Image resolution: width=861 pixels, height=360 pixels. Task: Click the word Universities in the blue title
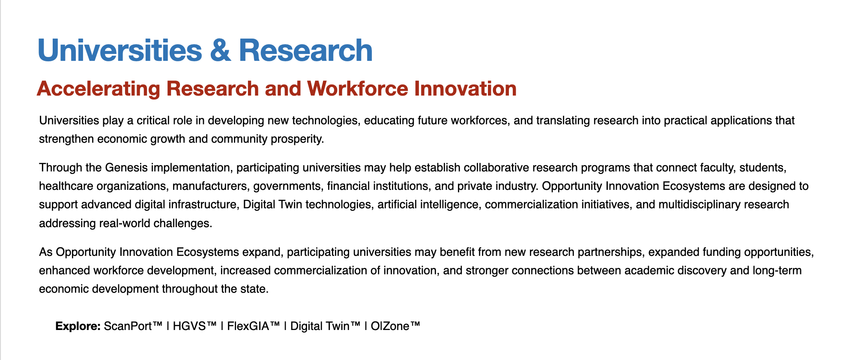tap(120, 51)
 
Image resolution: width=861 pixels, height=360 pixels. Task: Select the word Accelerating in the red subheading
tap(98, 89)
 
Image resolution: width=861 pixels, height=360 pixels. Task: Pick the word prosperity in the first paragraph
tap(298, 139)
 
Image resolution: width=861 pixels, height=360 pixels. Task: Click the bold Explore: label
tap(78, 326)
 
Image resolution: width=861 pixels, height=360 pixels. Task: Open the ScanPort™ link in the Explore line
tap(133, 326)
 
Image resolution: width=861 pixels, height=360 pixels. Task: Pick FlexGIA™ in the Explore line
tap(253, 326)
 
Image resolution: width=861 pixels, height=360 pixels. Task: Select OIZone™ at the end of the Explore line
tap(395, 326)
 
